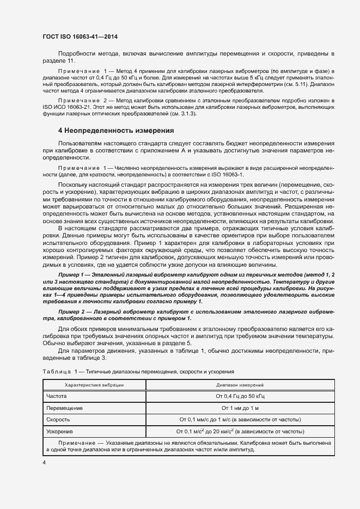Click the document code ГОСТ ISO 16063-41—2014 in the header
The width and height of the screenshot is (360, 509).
click(80, 37)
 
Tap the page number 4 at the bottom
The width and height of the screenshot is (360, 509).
click(44, 462)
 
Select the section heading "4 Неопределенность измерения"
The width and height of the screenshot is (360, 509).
click(115, 131)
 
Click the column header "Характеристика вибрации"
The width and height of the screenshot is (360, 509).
click(94, 385)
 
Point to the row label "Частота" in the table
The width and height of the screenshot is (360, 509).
click(57, 396)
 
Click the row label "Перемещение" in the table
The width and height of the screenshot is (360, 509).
click(64, 408)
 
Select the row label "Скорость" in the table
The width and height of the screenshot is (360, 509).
click(58, 420)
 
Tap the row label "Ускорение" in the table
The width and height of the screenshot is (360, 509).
click(60, 432)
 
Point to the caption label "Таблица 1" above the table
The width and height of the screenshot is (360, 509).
click(60, 371)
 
